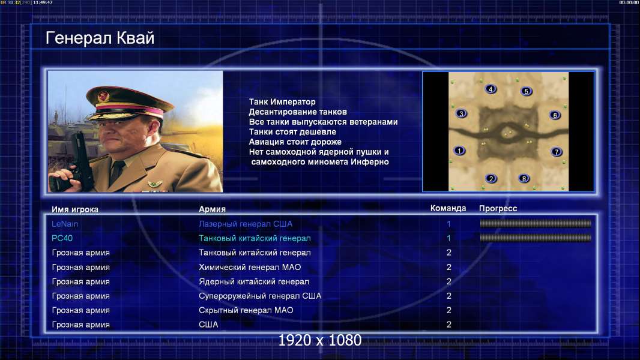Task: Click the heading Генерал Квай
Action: [100, 38]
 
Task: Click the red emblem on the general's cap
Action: [104, 97]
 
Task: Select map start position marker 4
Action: [491, 89]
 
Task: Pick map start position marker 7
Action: [557, 152]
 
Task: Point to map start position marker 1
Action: [459, 151]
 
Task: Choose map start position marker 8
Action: [524, 179]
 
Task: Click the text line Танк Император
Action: [282, 102]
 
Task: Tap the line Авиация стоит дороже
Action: [295, 142]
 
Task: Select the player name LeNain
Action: [64, 224]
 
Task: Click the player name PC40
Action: [62, 238]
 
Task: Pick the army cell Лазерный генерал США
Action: [246, 224]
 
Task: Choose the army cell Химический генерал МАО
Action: [250, 267]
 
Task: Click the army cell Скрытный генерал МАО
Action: [246, 310]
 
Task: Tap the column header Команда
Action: [448, 208]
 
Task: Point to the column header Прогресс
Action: [498, 208]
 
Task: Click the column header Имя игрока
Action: [74, 209]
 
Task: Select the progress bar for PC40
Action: [536, 238]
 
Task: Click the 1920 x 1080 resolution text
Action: [319, 340]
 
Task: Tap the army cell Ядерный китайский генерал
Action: [254, 282]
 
